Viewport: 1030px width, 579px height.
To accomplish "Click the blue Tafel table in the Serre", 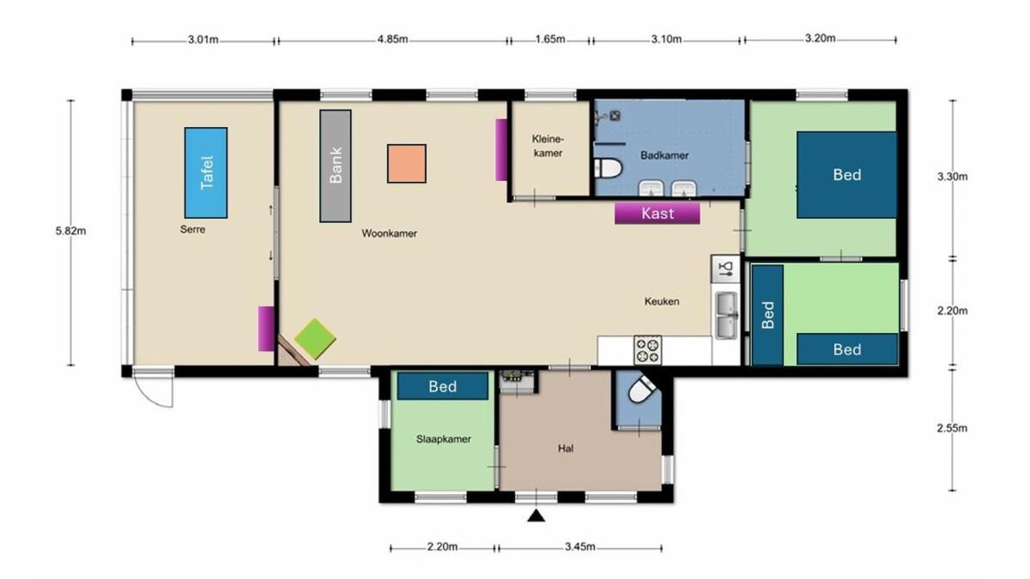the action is [x=205, y=172].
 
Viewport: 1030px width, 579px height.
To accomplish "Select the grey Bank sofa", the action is [x=336, y=166].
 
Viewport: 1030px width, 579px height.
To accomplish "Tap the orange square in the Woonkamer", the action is [x=407, y=164].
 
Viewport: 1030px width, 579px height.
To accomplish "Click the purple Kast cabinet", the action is [x=657, y=214].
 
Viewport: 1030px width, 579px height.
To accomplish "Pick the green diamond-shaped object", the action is [x=315, y=339].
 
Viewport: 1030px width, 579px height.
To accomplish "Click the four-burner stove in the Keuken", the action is [x=647, y=350].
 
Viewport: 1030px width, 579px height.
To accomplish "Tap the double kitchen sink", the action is [x=727, y=316].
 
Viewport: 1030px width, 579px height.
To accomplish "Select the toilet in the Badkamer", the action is [x=608, y=168].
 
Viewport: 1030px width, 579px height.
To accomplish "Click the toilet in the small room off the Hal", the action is [x=641, y=389].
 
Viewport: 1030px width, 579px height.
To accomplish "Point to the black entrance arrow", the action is [x=536, y=516].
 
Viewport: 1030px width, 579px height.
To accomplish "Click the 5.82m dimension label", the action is [x=70, y=231].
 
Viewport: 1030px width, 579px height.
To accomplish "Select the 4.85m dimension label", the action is [x=393, y=39].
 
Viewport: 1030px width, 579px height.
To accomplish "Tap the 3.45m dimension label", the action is [x=580, y=547].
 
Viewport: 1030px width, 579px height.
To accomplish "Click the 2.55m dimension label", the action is [x=952, y=428].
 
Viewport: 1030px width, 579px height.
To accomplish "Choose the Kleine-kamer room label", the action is [x=548, y=146].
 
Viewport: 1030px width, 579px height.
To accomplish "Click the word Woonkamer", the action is [x=389, y=233].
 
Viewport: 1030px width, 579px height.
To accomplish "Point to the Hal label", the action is [x=566, y=449].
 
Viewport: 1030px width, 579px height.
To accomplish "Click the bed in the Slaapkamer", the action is [x=442, y=386].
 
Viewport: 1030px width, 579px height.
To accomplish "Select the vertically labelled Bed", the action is [x=767, y=316].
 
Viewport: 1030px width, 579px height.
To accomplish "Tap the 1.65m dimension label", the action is [x=550, y=39].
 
